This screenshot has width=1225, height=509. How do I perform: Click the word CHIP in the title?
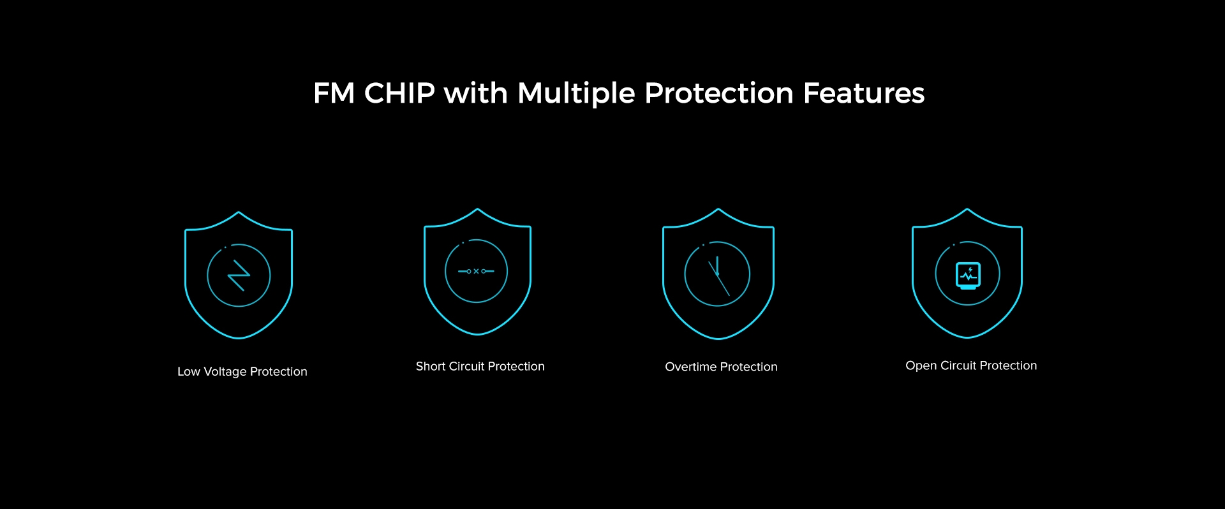coord(399,93)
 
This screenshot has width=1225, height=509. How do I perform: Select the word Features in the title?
coord(864,93)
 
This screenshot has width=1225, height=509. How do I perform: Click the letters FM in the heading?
coord(334,93)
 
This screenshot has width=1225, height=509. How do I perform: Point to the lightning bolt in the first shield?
coord(239,275)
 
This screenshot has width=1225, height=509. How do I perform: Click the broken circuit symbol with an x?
coord(476,271)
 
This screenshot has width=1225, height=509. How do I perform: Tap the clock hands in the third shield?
coord(718,276)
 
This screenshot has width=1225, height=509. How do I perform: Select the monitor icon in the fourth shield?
coord(968,276)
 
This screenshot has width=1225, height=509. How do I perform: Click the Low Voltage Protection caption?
coord(242,372)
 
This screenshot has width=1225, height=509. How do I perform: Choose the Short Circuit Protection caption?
coord(480,366)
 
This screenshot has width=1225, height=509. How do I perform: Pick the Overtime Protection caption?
coord(721,367)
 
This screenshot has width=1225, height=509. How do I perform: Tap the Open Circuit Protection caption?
coord(971,366)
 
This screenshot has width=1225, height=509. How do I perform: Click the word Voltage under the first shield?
coord(225,372)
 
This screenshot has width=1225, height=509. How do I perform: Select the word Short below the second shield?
coord(431,366)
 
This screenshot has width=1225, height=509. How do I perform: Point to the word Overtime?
coord(691,367)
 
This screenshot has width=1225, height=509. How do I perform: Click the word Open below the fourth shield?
coord(921,366)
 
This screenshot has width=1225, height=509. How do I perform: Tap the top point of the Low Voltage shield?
coord(239,212)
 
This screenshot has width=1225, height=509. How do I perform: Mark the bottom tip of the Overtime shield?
coord(718,338)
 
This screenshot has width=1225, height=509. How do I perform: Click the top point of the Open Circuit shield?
coord(967,209)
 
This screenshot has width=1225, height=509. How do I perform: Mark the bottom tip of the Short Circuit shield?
coord(477,334)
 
